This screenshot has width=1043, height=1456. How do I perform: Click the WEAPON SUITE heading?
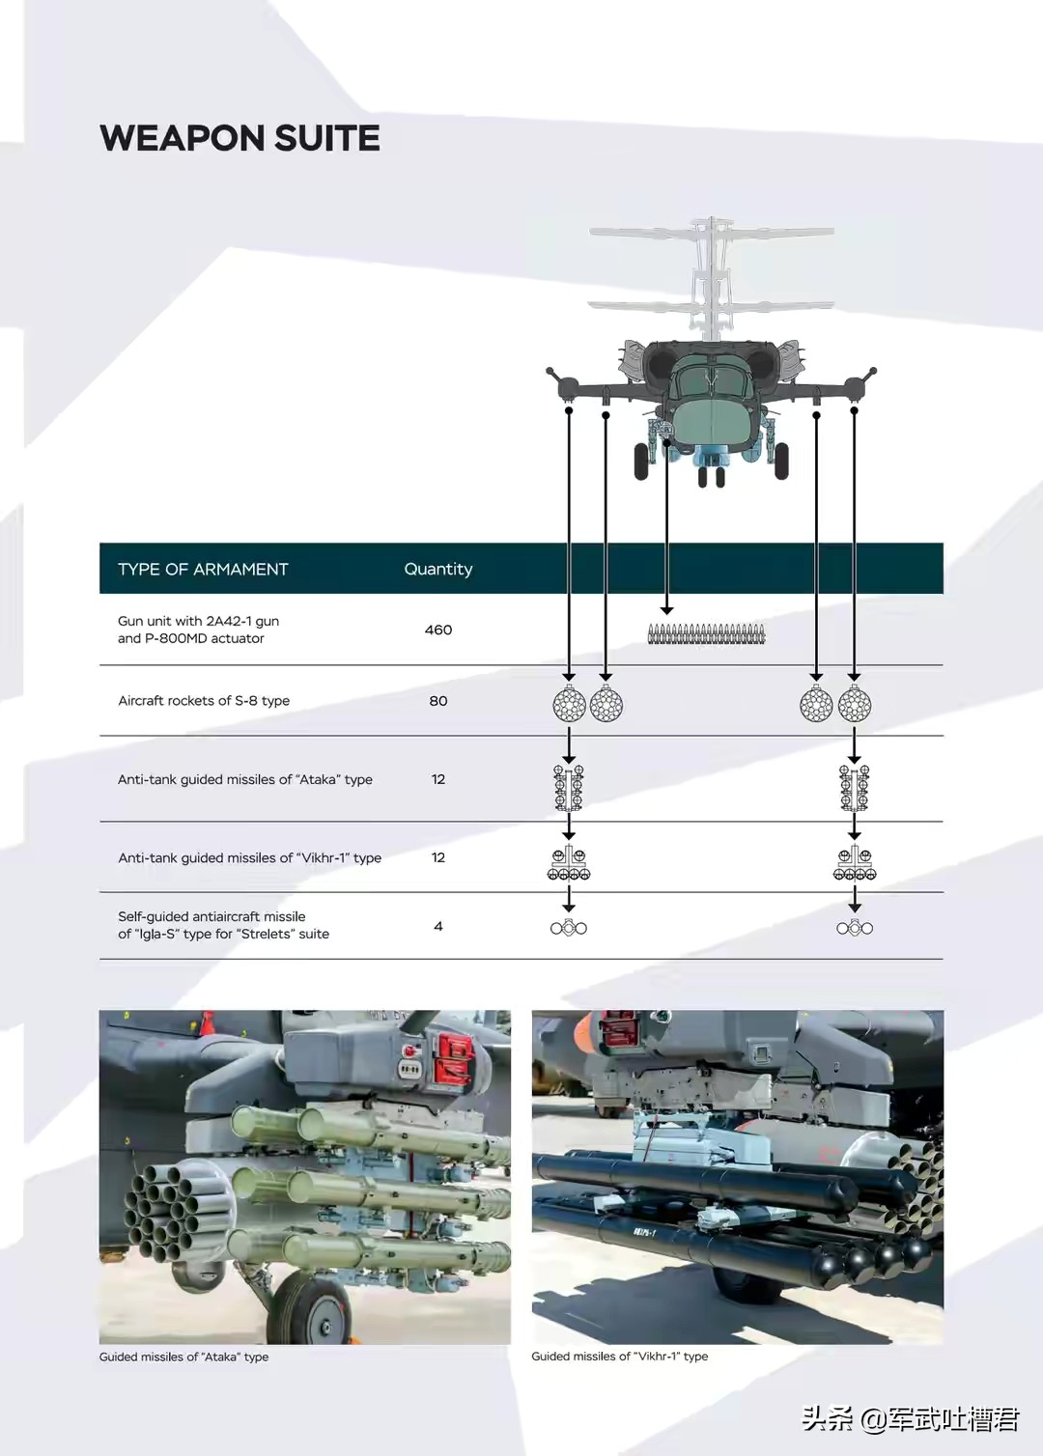coord(240,138)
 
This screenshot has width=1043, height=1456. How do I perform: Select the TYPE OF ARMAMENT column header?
coord(203,570)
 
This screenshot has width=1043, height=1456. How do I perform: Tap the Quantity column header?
coord(437,570)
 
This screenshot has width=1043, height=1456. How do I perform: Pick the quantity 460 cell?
coord(437,630)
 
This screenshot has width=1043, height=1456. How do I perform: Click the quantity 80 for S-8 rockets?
coord(437,701)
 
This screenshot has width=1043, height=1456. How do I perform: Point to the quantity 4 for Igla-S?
coord(437,926)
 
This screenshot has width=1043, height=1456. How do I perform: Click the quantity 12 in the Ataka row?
coord(437,779)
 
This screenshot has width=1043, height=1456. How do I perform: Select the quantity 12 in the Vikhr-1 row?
coord(437,857)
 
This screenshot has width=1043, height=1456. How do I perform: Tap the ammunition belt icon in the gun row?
coord(706,634)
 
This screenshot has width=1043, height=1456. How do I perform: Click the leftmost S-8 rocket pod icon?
coord(569,705)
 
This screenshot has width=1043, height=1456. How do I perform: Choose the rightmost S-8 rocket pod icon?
coord(855,705)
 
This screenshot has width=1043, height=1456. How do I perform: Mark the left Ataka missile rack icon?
coord(569,787)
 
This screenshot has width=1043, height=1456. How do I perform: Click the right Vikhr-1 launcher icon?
coord(855,863)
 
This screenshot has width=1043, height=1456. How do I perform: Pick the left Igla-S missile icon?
coord(569,928)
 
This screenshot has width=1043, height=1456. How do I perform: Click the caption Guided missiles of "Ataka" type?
coord(183,1357)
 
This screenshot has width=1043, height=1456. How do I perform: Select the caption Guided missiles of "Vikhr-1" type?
coord(619,1357)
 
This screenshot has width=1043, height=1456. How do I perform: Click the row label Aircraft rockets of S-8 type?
coord(204,701)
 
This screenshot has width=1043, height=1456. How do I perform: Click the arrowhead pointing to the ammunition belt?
coord(666,609)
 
